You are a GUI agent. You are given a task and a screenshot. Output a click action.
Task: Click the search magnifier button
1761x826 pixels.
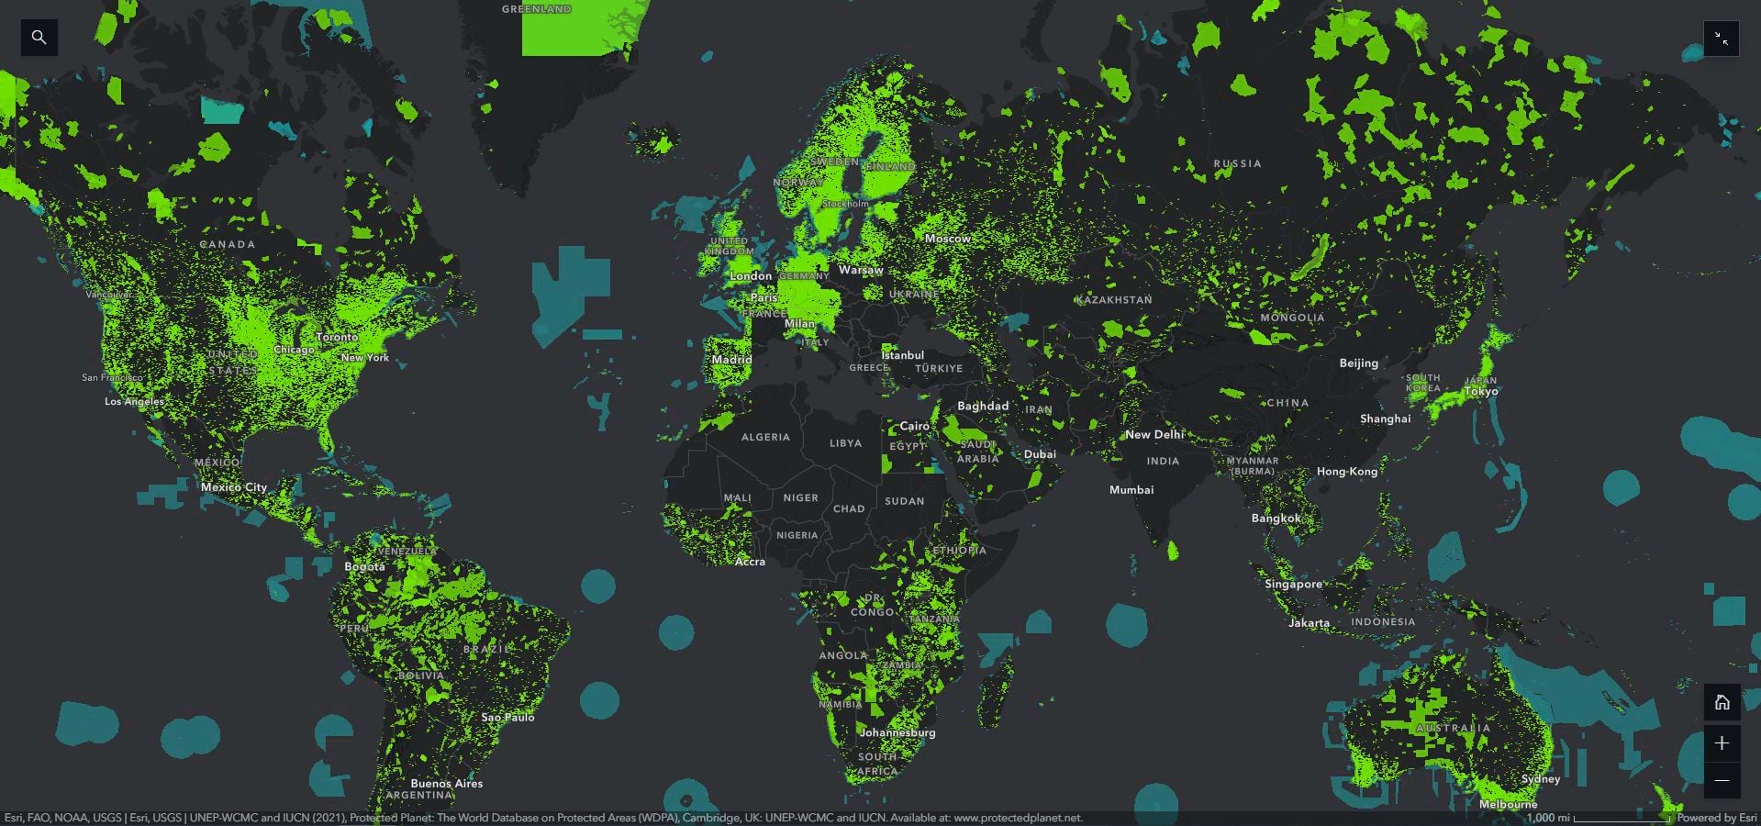pyautogui.click(x=39, y=38)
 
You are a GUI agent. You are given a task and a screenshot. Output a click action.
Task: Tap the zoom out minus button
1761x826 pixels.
pyautogui.click(x=1722, y=781)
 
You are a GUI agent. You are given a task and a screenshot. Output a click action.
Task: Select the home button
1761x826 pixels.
pyautogui.click(x=1722, y=702)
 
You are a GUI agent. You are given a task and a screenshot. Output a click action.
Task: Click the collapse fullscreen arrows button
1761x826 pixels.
pyautogui.click(x=1722, y=39)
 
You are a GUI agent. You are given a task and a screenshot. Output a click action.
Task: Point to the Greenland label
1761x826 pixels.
pyautogui.click(x=537, y=9)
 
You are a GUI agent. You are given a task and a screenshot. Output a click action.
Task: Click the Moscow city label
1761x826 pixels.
pyautogui.click(x=948, y=239)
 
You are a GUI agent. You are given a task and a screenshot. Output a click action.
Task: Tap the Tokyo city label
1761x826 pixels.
pyautogui.click(x=1481, y=391)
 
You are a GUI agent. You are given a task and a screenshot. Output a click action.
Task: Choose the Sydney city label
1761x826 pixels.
pyautogui.click(x=1540, y=779)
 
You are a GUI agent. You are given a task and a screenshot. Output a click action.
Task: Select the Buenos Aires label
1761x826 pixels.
pyautogui.click(x=446, y=784)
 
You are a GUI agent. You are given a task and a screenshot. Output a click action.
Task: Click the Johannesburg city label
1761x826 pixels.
pyautogui.click(x=897, y=732)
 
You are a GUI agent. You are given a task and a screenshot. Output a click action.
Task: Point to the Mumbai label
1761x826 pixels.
pyautogui.click(x=1131, y=490)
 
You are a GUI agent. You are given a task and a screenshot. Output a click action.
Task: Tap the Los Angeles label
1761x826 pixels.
pyautogui.click(x=134, y=401)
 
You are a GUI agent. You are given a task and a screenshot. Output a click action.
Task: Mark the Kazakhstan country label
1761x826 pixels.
pyautogui.click(x=1114, y=300)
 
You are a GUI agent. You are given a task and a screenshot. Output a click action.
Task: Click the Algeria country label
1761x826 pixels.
pyautogui.click(x=765, y=437)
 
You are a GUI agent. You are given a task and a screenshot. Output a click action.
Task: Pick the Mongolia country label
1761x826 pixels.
pyautogui.click(x=1292, y=318)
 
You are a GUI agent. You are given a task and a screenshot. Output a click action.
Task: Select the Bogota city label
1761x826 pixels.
pyautogui.click(x=364, y=566)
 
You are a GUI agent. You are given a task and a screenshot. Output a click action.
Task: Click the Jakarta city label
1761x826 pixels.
pyautogui.click(x=1309, y=623)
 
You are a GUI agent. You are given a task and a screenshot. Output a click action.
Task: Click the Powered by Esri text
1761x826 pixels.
pyautogui.click(x=1717, y=818)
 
